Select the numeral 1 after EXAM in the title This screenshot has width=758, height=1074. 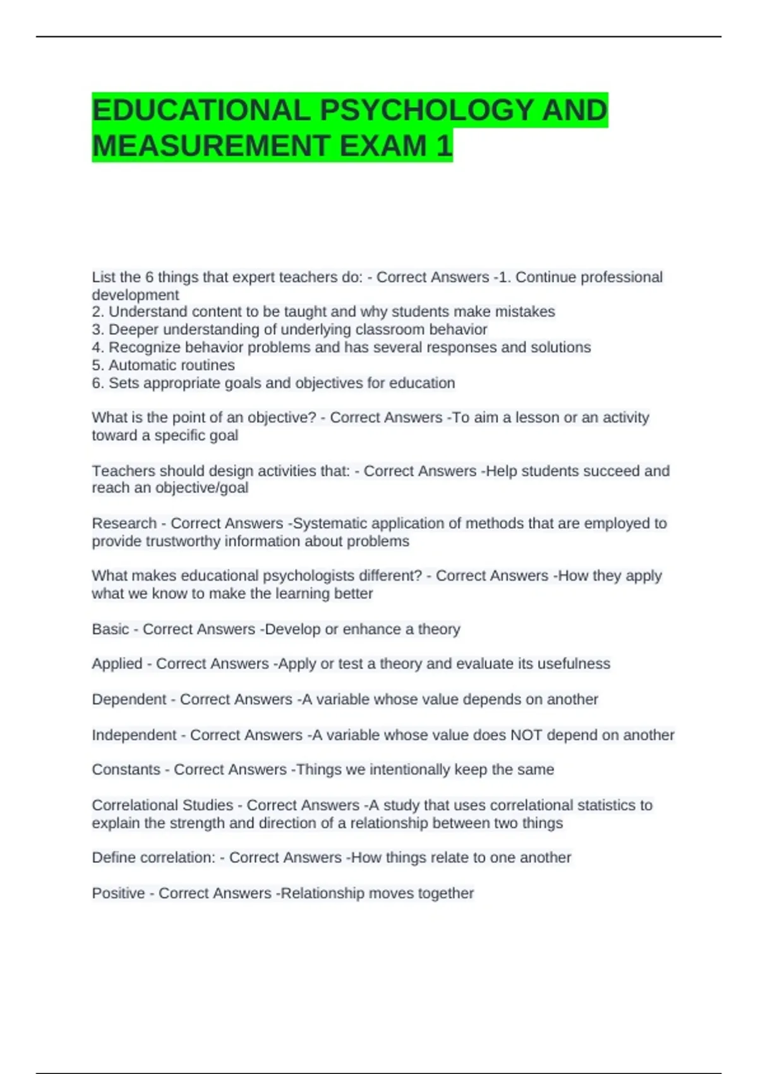pos(444,146)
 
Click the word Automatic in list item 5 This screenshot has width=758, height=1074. pos(140,365)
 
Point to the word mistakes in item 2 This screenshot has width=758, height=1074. pos(525,311)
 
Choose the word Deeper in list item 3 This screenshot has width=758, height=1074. pos(129,329)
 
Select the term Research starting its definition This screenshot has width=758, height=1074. pos(124,523)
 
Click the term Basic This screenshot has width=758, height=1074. pos(110,629)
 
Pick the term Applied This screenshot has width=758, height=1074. pos(117,664)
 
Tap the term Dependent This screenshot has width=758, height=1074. pos(129,699)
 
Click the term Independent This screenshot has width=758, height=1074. pos(134,735)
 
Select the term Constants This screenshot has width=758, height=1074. pos(126,769)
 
